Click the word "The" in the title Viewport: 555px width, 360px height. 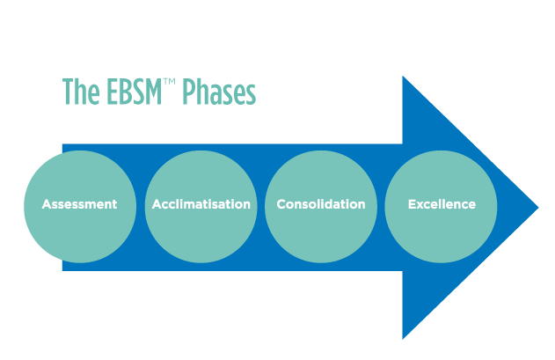[x=80, y=92]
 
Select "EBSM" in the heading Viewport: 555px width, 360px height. [x=132, y=92]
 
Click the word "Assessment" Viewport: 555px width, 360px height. [x=79, y=204]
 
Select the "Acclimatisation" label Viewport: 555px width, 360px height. [x=201, y=204]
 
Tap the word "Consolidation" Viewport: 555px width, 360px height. [x=321, y=204]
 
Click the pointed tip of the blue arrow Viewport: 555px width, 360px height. [x=537, y=208]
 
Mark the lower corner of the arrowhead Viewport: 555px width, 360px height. [x=404, y=337]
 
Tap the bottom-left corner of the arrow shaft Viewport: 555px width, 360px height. [x=63, y=270]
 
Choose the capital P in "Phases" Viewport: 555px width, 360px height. [x=189, y=92]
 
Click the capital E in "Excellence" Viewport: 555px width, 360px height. [x=412, y=204]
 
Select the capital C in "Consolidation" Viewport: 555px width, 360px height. [x=281, y=204]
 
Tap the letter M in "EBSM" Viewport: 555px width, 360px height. [x=154, y=92]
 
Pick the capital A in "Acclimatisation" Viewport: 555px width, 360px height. [x=156, y=204]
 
